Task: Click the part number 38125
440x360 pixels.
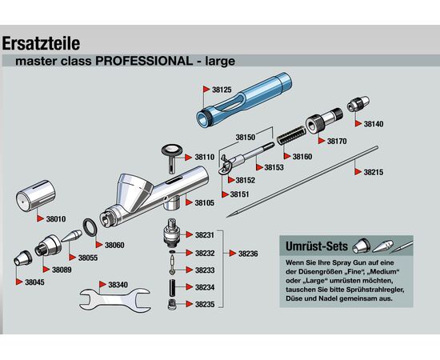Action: pos(222,90)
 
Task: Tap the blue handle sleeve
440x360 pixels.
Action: pos(243,100)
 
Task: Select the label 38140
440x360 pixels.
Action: pos(374,124)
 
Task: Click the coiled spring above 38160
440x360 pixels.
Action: pos(290,135)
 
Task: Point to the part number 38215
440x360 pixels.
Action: pos(374,172)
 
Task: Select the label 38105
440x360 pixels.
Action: pos(205,203)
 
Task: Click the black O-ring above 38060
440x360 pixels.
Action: pos(90,226)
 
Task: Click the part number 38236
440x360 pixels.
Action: pos(248,254)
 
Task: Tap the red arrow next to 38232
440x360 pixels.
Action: pos(190,253)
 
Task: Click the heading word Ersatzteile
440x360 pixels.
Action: pos(41,43)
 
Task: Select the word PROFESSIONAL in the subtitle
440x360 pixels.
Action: pos(144,61)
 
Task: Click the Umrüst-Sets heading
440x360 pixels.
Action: pos(317,246)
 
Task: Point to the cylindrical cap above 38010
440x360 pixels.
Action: pos(36,196)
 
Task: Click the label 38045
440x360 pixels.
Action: pos(34,282)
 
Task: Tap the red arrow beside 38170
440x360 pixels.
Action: pos(322,141)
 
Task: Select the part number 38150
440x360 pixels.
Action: pos(246,138)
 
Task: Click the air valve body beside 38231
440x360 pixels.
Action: pos(172,232)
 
